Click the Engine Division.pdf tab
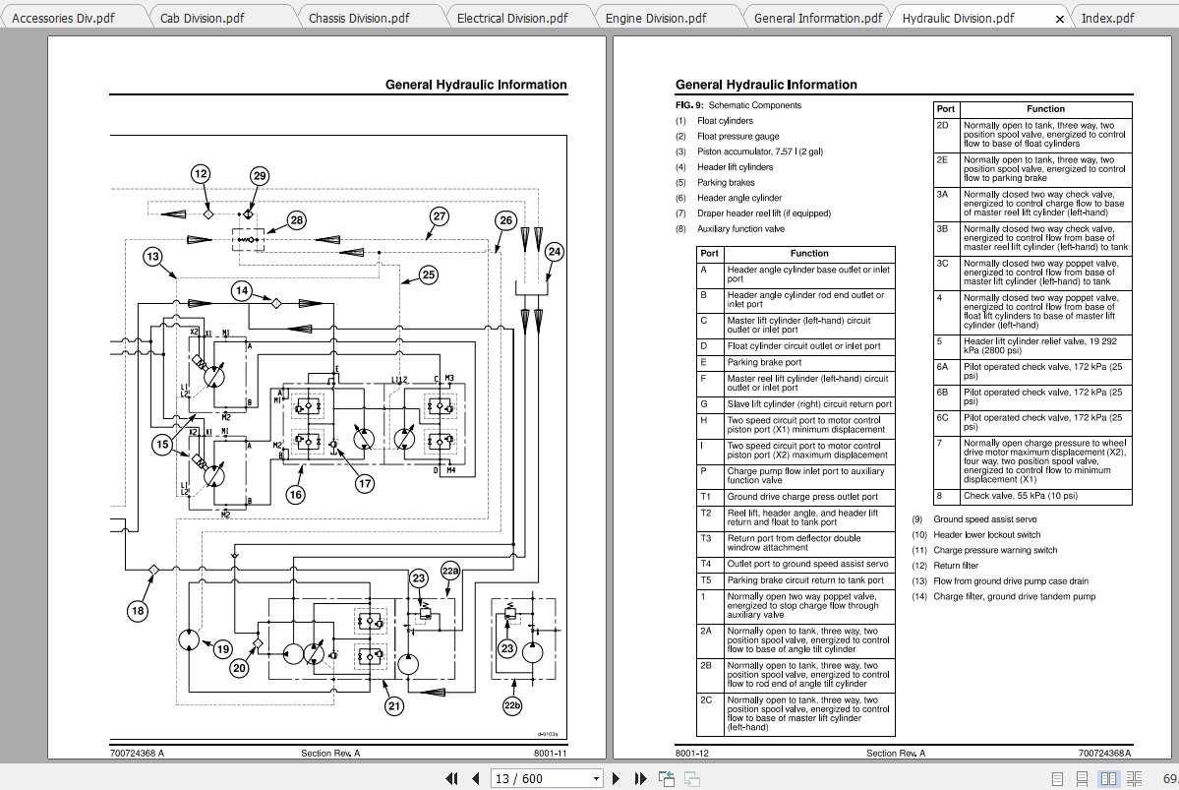(655, 18)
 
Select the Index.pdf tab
(1107, 18)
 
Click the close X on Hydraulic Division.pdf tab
(1059, 19)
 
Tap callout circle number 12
(201, 174)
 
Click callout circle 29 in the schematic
(259, 176)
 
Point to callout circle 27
(440, 216)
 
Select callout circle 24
(555, 252)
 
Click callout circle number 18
(138, 611)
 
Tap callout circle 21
(394, 705)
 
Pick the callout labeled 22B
(450, 571)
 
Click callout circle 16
(295, 495)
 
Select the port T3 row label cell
(706, 538)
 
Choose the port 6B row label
(944, 392)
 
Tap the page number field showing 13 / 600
(547, 778)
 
